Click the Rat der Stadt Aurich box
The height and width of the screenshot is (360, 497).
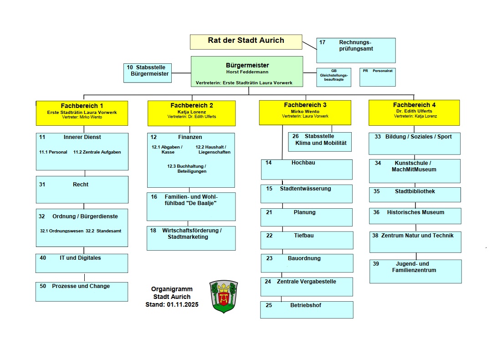click(x=246, y=41)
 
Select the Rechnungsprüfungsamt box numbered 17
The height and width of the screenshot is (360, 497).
click(x=356, y=50)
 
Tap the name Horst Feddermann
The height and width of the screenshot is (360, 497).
click(x=247, y=72)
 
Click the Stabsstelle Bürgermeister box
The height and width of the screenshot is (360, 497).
click(x=147, y=73)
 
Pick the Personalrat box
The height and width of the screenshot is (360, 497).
click(x=377, y=77)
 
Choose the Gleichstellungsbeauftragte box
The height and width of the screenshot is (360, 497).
click(x=334, y=77)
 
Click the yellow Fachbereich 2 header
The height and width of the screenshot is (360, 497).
click(x=191, y=113)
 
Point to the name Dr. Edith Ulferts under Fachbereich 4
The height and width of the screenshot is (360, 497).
click(x=414, y=111)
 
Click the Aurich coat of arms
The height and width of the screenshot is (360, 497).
click(x=224, y=296)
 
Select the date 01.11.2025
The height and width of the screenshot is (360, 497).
click(x=182, y=305)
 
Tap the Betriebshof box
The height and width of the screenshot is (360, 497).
click(x=307, y=309)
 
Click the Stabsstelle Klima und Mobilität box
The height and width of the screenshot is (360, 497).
click(x=320, y=142)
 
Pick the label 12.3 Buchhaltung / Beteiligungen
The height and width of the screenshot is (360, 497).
click(x=187, y=169)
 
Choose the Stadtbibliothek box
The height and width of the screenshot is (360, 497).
click(x=415, y=195)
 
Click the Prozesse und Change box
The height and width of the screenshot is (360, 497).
click(x=82, y=292)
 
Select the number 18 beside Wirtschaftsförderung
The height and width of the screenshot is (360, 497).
click(x=154, y=231)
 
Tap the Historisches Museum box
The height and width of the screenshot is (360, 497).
click(x=415, y=216)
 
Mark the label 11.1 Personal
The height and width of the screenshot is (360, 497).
click(x=53, y=152)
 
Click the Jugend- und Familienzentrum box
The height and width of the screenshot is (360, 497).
click(x=415, y=271)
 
